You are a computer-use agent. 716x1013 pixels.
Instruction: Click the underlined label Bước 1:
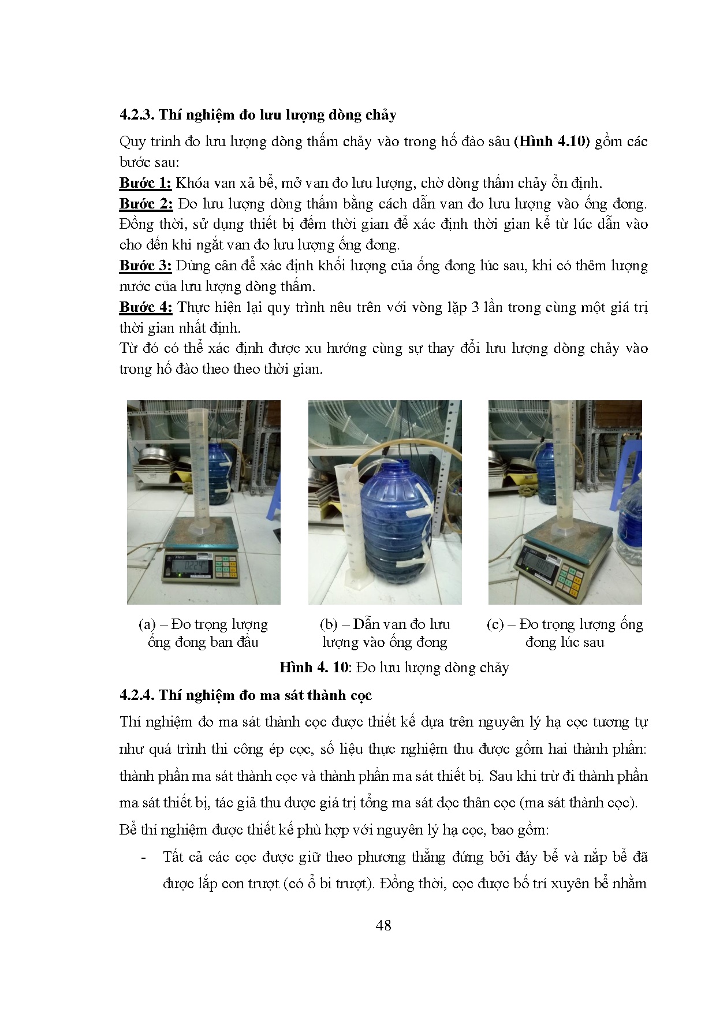(146, 184)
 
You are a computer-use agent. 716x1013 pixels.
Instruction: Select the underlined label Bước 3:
(146, 266)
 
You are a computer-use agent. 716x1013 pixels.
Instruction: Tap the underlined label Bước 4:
(146, 308)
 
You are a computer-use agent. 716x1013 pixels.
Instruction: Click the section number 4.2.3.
(137, 115)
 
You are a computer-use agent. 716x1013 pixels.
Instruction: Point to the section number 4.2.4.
(137, 695)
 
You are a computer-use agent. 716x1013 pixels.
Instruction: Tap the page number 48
(383, 926)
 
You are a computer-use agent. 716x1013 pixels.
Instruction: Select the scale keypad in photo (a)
(226, 565)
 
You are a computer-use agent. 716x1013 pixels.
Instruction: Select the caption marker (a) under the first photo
(147, 625)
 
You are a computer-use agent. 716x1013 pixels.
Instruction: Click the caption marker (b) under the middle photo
(329, 625)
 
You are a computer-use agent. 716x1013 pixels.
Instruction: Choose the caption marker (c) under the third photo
(495, 625)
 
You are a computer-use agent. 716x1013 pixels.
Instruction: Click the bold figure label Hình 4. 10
(314, 668)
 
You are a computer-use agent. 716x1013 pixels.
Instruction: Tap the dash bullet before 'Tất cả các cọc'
(143, 858)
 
